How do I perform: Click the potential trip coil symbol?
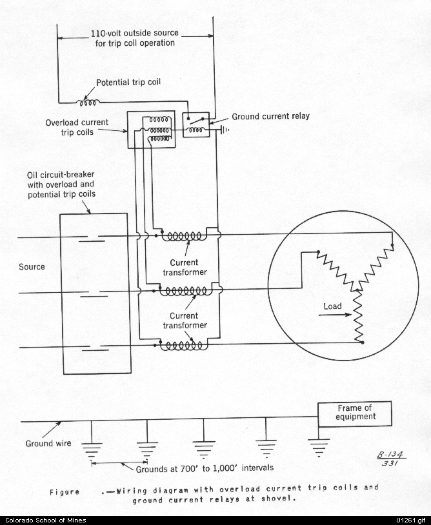point(88,102)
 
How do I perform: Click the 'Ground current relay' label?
point(270,117)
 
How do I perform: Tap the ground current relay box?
point(196,125)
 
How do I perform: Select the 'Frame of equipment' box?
point(355,414)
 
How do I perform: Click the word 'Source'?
point(32,267)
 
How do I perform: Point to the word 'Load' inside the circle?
point(332,306)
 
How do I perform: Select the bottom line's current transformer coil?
point(182,346)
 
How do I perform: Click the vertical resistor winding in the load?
point(358,316)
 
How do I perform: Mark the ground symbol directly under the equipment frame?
point(319,448)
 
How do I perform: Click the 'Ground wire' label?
point(48,443)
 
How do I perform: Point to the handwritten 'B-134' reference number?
point(391,455)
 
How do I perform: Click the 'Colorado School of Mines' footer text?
point(46,520)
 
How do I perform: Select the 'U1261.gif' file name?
point(411,520)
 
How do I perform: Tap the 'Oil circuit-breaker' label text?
point(61,175)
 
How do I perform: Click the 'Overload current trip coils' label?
point(77,127)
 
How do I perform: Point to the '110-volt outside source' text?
point(135,34)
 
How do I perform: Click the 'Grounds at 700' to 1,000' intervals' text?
point(205,468)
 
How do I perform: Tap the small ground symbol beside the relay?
point(224,130)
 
